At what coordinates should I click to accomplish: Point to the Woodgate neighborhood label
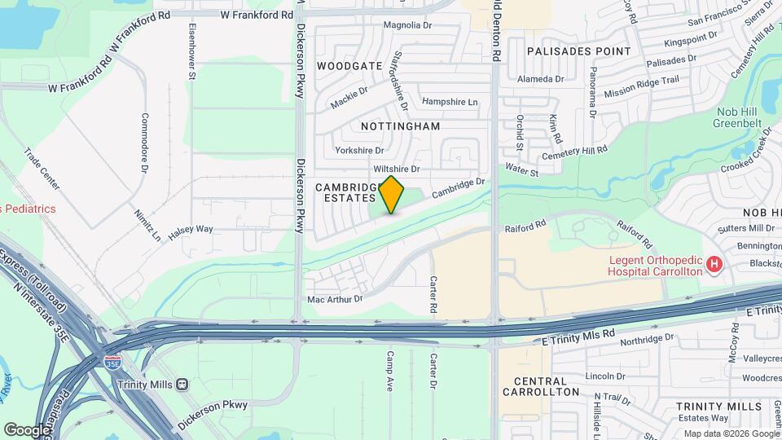click(x=349, y=65)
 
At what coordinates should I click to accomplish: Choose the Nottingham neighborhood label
click(x=400, y=126)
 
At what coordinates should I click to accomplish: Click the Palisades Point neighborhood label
click(x=578, y=51)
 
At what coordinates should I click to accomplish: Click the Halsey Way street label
click(x=191, y=231)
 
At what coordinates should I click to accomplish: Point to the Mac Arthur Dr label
click(x=334, y=299)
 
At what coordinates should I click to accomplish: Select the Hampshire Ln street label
click(x=449, y=102)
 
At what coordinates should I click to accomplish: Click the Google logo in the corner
click(x=27, y=429)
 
